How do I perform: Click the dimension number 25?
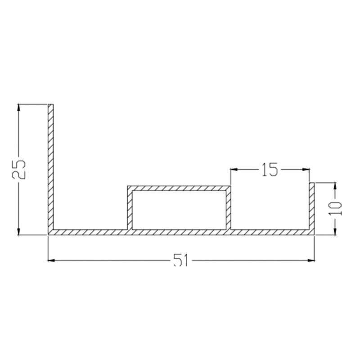(x=19, y=169)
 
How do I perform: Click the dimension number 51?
(x=181, y=260)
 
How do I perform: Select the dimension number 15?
(x=270, y=170)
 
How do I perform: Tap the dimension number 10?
(x=335, y=208)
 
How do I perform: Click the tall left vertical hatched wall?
(x=51, y=167)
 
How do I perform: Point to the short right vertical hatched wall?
(x=312, y=206)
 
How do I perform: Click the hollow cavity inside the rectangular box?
(x=179, y=210)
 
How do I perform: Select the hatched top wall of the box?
(x=179, y=188)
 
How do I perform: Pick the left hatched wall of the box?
(x=130, y=208)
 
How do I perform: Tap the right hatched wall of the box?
(x=228, y=208)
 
